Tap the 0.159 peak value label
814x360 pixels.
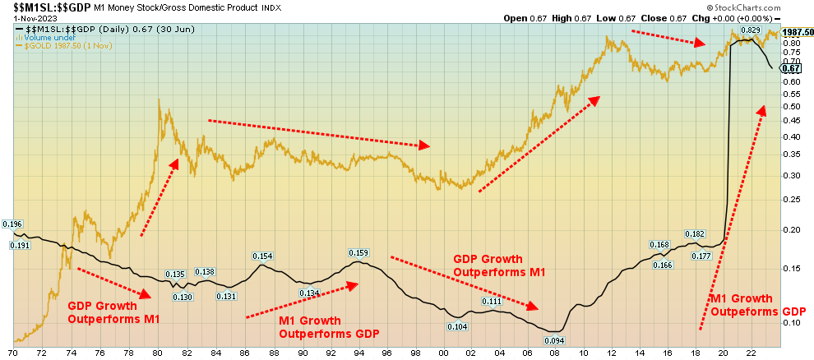(358, 252)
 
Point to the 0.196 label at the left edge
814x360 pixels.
(12, 224)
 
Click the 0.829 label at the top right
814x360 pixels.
(750, 30)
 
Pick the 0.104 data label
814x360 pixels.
(458, 326)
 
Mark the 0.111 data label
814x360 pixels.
(492, 302)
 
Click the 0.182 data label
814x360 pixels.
(696, 234)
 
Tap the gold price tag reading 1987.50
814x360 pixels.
(798, 32)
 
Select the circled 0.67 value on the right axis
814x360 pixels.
(791, 68)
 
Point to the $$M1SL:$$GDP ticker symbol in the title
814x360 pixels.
(40, 7)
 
